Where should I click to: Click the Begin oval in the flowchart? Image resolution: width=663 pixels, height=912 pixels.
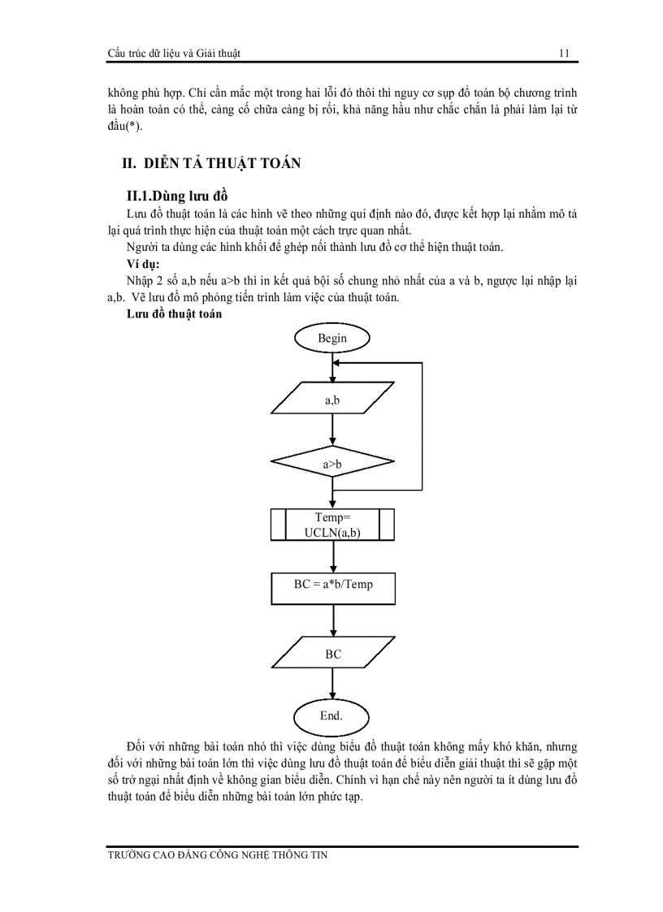(332, 338)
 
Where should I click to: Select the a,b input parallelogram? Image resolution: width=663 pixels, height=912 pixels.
(331, 400)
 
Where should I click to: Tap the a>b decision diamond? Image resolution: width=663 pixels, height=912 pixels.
(332, 464)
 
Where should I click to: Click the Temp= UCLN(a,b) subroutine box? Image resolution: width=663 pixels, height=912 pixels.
(332, 525)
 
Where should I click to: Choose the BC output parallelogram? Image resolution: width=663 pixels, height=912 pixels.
(332, 654)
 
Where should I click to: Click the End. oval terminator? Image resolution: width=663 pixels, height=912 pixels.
(331, 715)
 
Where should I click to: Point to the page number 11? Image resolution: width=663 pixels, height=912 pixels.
(563, 54)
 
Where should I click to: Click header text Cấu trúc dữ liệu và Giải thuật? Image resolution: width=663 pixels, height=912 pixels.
(174, 54)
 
